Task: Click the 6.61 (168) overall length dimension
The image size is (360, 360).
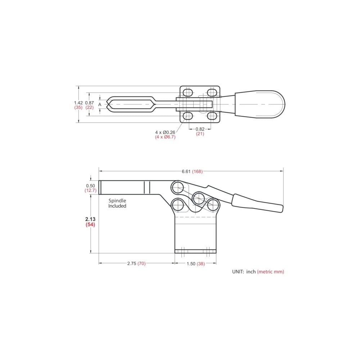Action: (192, 171)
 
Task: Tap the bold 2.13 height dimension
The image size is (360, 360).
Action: (90, 219)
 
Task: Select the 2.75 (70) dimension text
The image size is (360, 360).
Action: (136, 264)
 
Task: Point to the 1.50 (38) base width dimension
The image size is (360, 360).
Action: (195, 264)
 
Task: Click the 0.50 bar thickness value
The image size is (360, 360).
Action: (90, 185)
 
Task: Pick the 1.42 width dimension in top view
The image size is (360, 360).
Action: (78, 103)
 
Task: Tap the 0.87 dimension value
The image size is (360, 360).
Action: (90, 103)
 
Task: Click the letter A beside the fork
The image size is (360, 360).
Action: (100, 104)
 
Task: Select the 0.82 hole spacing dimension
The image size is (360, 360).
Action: (200, 129)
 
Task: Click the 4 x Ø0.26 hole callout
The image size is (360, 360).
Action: (165, 132)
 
